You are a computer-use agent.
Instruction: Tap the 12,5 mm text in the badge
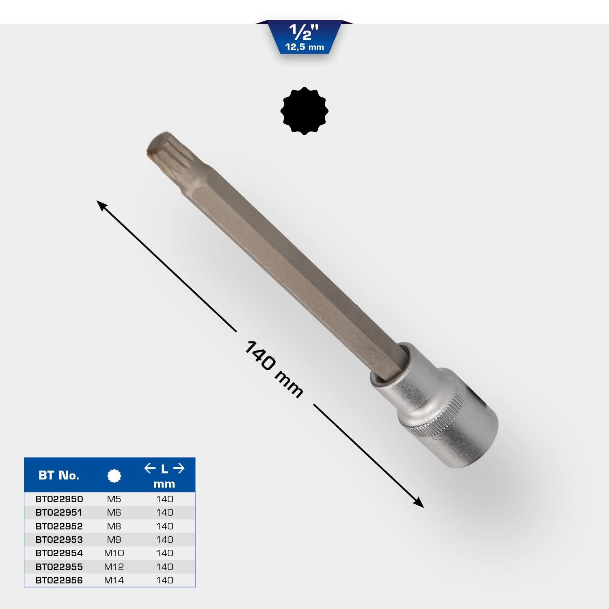pos(304,47)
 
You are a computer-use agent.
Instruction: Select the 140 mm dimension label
pos(274,369)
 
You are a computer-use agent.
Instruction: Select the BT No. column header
pos(59,475)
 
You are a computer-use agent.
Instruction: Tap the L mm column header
pos(164,476)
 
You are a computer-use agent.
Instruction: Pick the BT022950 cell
pos(59,499)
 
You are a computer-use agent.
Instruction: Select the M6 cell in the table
pos(114,512)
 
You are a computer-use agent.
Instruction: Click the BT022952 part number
pos(59,526)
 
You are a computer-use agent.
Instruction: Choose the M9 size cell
pos(114,540)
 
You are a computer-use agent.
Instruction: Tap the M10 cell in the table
pos(114,553)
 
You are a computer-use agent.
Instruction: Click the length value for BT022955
pos(164,567)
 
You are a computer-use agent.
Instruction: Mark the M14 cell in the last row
pos(114,580)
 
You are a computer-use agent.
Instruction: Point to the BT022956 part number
pos(59,580)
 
